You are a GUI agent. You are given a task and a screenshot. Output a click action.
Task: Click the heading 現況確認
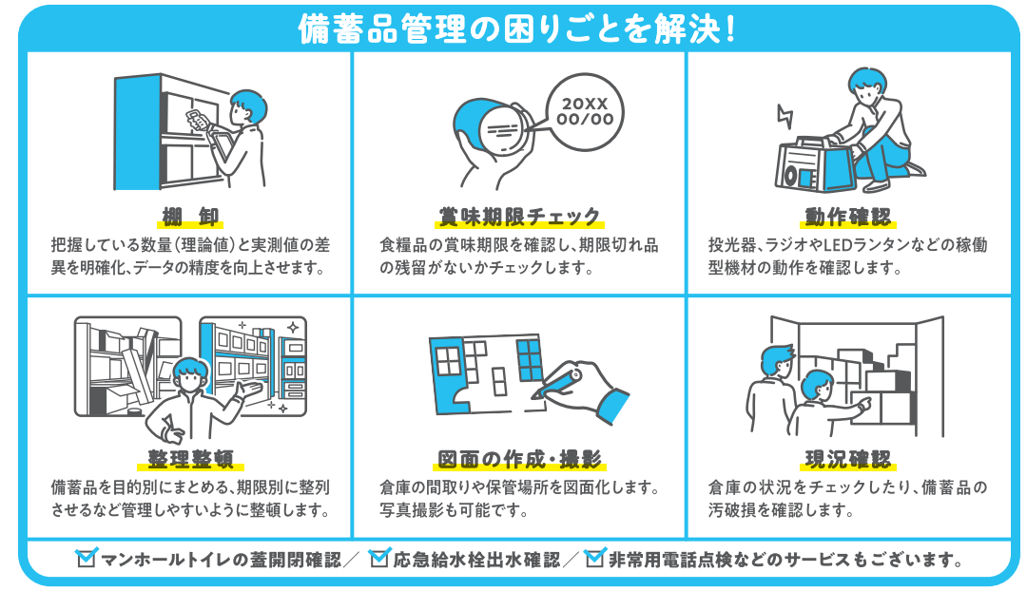tap(848, 460)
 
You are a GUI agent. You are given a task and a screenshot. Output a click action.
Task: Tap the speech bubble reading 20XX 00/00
tap(584, 112)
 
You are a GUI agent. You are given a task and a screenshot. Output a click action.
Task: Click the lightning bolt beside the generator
tap(785, 116)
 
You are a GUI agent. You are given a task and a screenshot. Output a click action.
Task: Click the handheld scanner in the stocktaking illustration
tap(195, 121)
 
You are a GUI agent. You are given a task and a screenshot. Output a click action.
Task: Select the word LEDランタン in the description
tap(857, 245)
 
